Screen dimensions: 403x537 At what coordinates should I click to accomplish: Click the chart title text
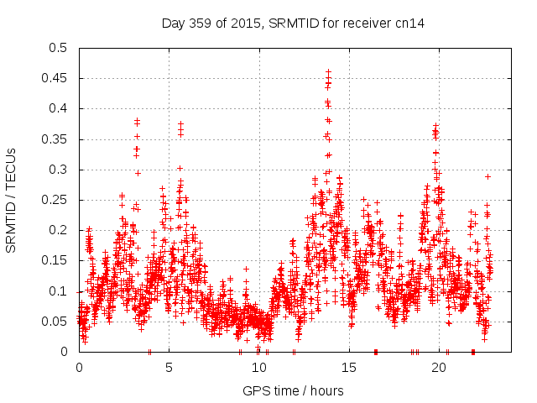[x=293, y=24]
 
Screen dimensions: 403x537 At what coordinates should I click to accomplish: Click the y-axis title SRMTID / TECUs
[x=12, y=200]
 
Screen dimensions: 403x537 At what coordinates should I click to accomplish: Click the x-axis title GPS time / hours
[x=293, y=390]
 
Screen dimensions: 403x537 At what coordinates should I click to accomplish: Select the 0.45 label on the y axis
[x=57, y=78]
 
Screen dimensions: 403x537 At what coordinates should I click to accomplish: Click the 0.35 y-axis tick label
[x=57, y=139]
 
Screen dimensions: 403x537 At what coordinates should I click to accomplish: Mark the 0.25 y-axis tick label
[x=57, y=200]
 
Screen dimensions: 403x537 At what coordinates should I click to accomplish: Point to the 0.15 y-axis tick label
[x=57, y=260]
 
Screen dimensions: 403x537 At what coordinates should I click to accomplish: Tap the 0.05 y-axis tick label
[x=57, y=322]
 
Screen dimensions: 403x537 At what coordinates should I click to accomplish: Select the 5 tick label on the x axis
[x=169, y=368]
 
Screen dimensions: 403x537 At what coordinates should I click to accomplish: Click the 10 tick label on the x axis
[x=259, y=368]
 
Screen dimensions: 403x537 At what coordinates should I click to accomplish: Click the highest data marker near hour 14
[x=328, y=72]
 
